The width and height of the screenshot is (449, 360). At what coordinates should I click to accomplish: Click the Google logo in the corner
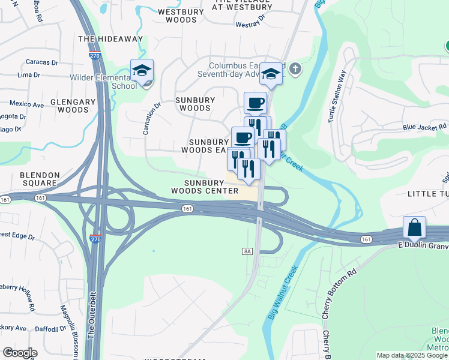[x=20, y=353]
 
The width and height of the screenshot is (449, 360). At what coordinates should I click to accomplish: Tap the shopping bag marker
[x=414, y=228]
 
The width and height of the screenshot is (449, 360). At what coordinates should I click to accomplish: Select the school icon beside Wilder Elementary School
[x=142, y=71]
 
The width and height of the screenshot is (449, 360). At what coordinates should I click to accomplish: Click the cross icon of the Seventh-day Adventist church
[x=294, y=68]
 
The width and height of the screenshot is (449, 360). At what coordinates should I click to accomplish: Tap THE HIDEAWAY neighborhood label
[x=111, y=39]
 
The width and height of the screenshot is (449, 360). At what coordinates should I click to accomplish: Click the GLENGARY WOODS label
[x=73, y=106]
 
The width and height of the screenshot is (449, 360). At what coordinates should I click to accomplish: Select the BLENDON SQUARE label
[x=48, y=179]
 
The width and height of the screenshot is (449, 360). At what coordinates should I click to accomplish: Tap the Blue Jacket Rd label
[x=425, y=127]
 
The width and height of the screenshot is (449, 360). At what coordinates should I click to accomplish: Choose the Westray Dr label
[x=251, y=25]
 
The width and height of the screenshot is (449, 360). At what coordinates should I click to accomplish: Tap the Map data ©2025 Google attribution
[x=412, y=355]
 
